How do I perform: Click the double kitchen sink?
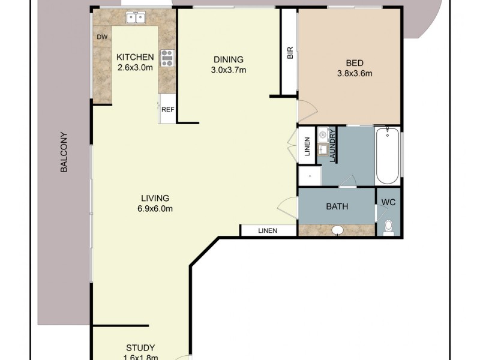(136, 19)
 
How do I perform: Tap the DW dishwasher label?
(103, 37)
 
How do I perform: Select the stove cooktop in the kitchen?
(167, 58)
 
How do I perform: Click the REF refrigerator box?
(167, 109)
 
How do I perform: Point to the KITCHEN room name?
(135, 57)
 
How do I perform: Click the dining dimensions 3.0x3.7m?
(228, 70)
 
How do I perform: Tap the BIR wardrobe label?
(290, 54)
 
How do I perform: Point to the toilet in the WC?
(388, 226)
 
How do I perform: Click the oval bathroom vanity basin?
(337, 229)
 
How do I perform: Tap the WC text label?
(389, 202)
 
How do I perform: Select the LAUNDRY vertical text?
(332, 146)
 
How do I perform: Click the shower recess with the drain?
(310, 175)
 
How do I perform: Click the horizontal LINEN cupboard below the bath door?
(268, 230)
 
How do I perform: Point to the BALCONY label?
(64, 152)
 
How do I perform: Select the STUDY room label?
(140, 348)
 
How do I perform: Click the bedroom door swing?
(305, 112)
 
